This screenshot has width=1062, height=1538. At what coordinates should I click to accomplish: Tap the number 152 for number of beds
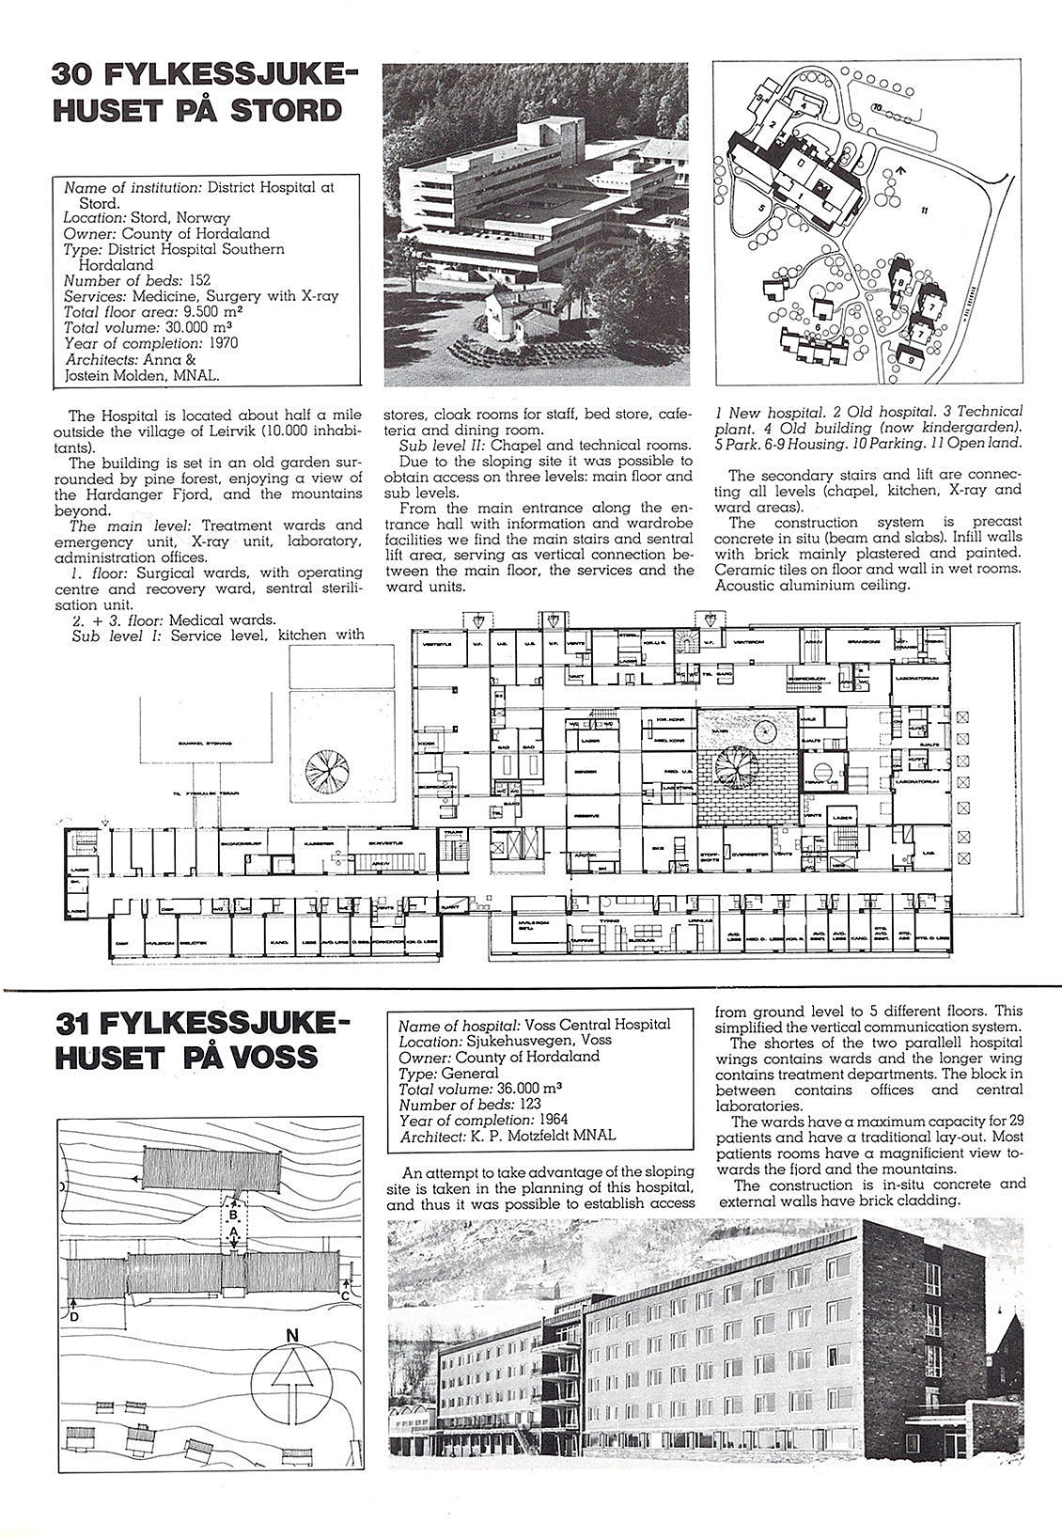(198, 279)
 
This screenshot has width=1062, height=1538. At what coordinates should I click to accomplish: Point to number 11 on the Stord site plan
(924, 212)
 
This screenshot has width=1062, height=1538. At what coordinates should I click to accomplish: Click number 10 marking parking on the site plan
(876, 107)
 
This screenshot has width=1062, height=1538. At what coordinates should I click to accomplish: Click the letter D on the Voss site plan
(73, 1316)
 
